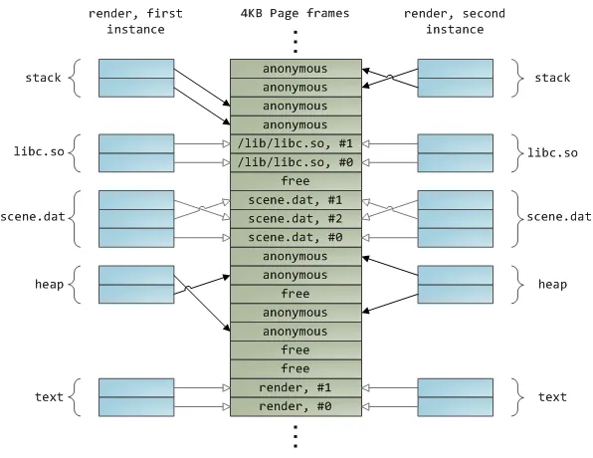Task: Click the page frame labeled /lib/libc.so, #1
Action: [x=295, y=143]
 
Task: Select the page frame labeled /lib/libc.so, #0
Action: [x=295, y=162]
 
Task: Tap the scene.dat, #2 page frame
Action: [x=295, y=218]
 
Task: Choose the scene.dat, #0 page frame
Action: [x=295, y=237]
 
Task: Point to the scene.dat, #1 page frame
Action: [x=295, y=199]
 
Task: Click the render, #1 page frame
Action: [x=295, y=387]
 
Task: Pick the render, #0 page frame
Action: [x=295, y=406]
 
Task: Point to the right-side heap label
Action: [x=552, y=285]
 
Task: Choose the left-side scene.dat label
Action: [x=34, y=218]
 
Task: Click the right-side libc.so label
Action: [x=552, y=153]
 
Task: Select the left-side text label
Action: [x=49, y=397]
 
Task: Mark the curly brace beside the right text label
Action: [x=517, y=397]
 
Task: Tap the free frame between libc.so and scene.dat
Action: [x=295, y=181]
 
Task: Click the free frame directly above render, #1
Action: [x=295, y=368]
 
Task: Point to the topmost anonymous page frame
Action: [x=295, y=69]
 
